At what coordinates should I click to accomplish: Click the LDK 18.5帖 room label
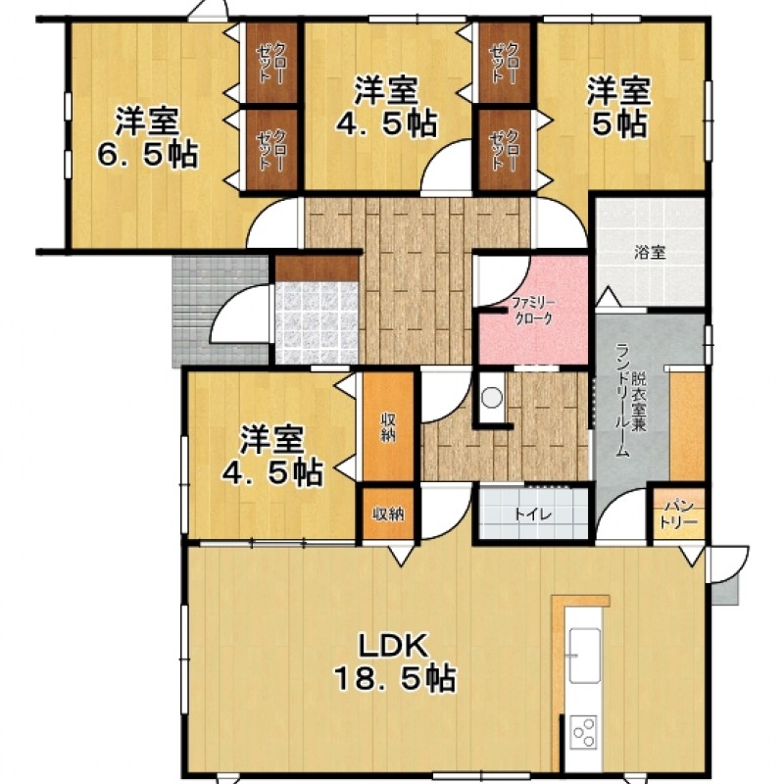395,661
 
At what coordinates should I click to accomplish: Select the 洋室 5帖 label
619,107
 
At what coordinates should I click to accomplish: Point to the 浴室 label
650,253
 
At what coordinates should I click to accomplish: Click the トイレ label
533,514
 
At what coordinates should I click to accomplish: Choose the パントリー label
678,514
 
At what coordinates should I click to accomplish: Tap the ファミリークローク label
533,311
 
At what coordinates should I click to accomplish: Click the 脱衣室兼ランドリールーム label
630,400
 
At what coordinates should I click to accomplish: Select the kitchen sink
584,655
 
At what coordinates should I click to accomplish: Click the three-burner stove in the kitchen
583,732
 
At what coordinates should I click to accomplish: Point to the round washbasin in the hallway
492,398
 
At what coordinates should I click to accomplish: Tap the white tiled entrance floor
317,323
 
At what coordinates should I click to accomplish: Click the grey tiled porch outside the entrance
220,311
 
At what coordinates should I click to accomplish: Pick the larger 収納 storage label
388,427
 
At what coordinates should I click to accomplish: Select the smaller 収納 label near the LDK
388,514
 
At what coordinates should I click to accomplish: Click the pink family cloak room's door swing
500,280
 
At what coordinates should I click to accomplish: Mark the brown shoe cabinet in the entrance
317,269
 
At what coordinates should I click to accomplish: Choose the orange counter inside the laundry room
687,426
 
